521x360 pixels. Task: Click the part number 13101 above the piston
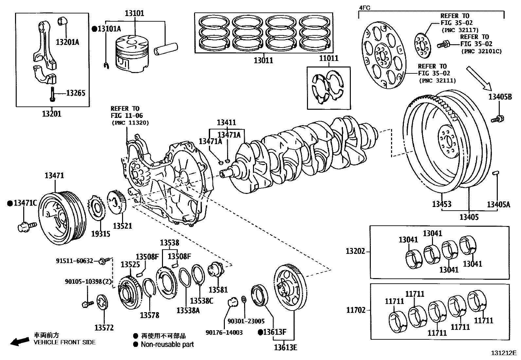134,13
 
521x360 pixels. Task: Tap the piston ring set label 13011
263,60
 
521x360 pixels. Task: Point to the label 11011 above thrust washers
329,58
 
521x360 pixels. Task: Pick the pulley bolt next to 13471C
27,226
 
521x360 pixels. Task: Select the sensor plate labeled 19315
96,210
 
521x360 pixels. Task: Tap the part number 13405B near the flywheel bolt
500,97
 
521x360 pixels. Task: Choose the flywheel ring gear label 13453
441,204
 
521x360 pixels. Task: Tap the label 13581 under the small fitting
218,290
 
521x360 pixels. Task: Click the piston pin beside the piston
166,49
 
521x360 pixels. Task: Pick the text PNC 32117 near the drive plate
456,30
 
